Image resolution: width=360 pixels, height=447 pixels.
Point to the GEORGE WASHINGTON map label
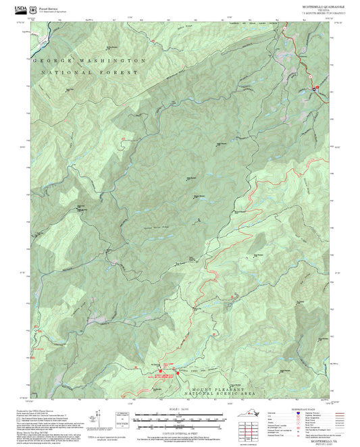tap(88, 60)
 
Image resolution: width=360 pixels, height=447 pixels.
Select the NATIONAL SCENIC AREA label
tap(223, 395)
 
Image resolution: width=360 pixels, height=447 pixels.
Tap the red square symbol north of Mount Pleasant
tap(177, 372)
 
